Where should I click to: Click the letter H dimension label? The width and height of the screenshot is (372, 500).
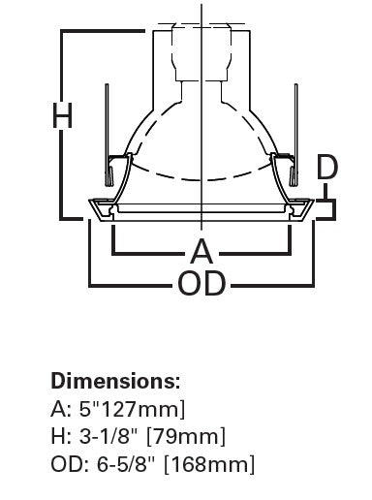point(62,115)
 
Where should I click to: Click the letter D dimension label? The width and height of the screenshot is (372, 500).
point(328,168)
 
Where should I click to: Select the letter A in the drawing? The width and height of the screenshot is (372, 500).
point(201,252)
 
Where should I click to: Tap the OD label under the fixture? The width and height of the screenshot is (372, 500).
point(201,284)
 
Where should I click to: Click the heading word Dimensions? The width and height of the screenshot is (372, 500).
point(115,381)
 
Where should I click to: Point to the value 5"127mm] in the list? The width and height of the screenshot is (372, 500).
point(131,409)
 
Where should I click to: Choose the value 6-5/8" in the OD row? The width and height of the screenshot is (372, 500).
point(123,465)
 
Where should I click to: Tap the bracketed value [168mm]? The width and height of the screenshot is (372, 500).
point(208,465)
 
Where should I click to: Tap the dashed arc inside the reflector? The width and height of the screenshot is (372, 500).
point(201,179)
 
